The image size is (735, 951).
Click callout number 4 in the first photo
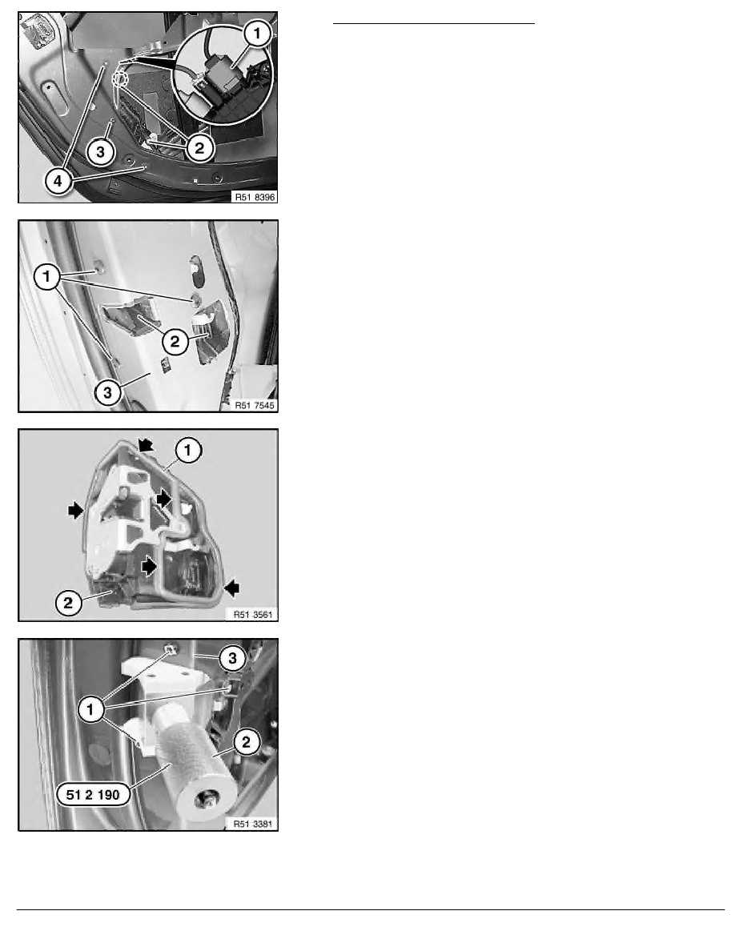[58, 181]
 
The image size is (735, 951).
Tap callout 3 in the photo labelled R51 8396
[101, 151]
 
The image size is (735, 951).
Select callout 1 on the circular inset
[257, 34]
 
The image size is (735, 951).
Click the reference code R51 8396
[255, 196]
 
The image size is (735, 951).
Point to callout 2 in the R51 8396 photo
[199, 147]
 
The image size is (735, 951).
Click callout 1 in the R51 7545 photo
[46, 277]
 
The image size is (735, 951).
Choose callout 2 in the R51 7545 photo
[175, 342]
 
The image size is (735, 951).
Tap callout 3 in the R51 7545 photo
[107, 392]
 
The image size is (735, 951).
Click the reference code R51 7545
[255, 405]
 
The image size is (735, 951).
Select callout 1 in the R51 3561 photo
[188, 451]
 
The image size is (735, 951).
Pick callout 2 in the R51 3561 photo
[68, 603]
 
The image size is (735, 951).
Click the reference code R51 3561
[254, 615]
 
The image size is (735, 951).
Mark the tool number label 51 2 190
[94, 795]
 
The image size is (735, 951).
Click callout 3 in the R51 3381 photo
[232, 658]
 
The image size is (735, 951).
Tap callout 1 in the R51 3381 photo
[91, 709]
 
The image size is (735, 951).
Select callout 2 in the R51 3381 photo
[247, 742]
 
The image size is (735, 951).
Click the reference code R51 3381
[254, 824]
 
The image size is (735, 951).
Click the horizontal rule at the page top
[434, 24]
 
